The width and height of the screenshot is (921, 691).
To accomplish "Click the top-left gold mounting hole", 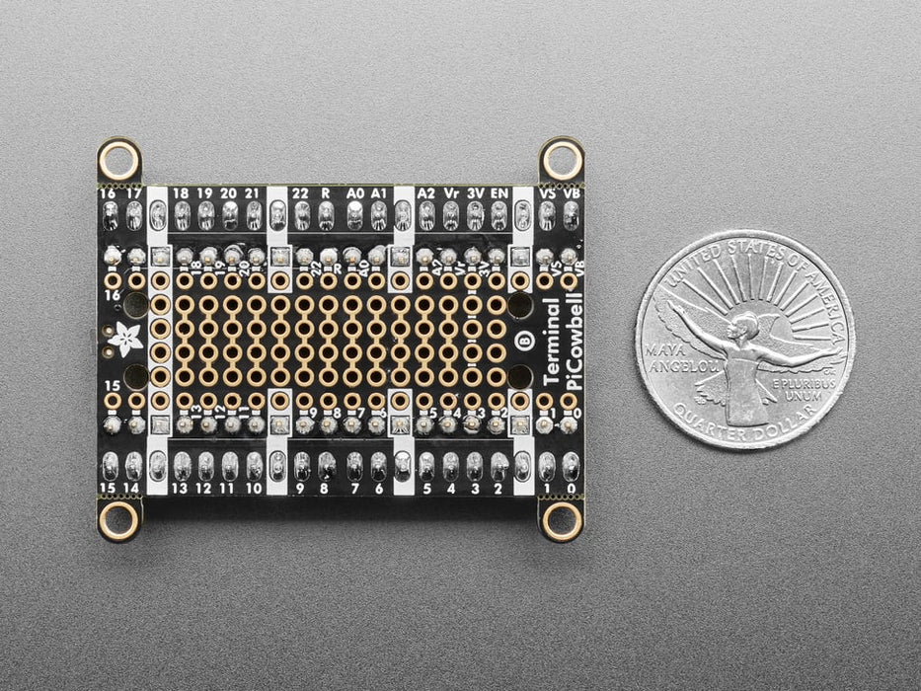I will (x=119, y=159).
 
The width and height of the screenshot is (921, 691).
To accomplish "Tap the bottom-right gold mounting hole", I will (x=561, y=519).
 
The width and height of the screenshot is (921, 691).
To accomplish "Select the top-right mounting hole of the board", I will (x=561, y=158).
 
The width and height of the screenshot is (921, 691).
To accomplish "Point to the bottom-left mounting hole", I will (x=119, y=520).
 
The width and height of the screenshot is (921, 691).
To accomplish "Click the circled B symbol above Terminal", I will (x=524, y=340).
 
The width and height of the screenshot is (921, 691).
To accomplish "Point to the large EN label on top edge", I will (x=499, y=193).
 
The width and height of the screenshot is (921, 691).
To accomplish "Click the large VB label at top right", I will (x=571, y=193).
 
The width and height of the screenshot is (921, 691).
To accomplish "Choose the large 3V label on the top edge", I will (x=476, y=193).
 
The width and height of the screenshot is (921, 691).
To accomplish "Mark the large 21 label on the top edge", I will (x=254, y=193).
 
